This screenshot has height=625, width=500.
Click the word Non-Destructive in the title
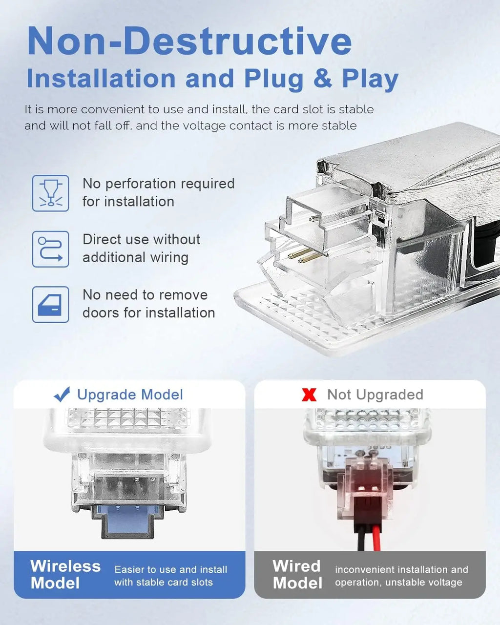coord(189,41)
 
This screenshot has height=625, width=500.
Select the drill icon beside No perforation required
coord(51,193)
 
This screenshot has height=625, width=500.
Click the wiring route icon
coord(51,249)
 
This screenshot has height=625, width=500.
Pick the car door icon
coord(51,304)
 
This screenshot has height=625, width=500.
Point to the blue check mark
coord(62,394)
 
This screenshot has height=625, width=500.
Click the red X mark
coord(309,395)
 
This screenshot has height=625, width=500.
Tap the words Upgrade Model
coord(130,395)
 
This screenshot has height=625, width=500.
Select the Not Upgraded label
coord(375,395)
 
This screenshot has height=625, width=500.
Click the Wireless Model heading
coord(65,575)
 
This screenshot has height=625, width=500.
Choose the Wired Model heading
coord(297,575)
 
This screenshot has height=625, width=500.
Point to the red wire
coord(376,538)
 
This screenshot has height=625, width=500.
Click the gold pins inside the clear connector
coord(305,256)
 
